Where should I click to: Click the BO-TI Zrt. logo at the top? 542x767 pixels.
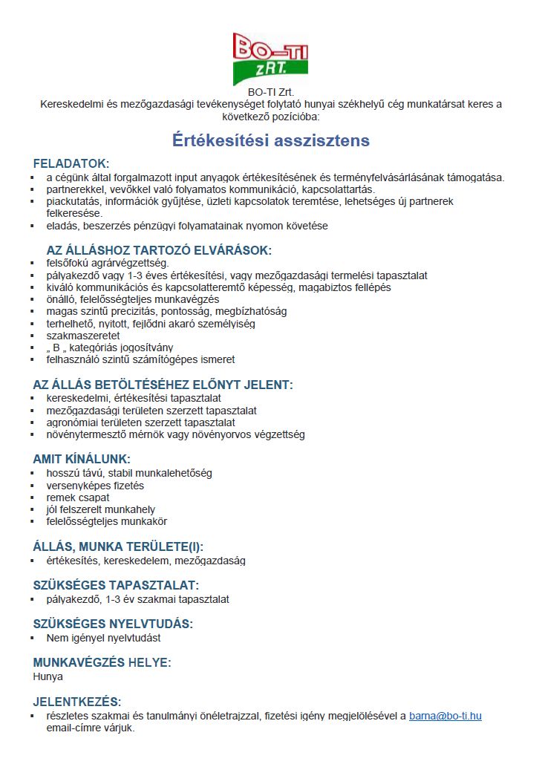point(270,58)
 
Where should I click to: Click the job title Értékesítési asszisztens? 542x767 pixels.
point(271,140)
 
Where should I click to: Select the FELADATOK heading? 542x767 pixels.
point(71,163)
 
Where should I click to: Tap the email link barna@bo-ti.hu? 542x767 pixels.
point(445,716)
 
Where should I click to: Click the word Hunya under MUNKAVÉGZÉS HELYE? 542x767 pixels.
point(48,676)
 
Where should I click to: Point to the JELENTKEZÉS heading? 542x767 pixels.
point(77,702)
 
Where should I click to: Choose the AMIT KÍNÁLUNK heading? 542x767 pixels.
point(82,459)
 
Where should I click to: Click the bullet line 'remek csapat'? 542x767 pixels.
point(78,497)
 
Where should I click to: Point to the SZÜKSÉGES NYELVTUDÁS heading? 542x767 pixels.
point(113,624)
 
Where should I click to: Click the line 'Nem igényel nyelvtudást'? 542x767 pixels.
point(103,637)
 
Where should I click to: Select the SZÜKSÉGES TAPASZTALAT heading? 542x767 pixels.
point(116,585)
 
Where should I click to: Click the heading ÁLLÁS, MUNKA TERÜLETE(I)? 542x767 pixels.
point(118,546)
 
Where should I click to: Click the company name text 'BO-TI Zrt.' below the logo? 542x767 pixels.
point(271,92)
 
